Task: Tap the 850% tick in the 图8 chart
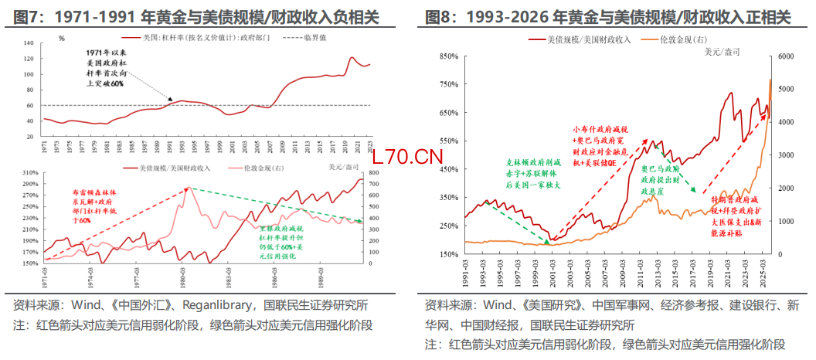446,56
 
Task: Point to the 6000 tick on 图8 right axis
785,56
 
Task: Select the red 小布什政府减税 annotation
597,147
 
